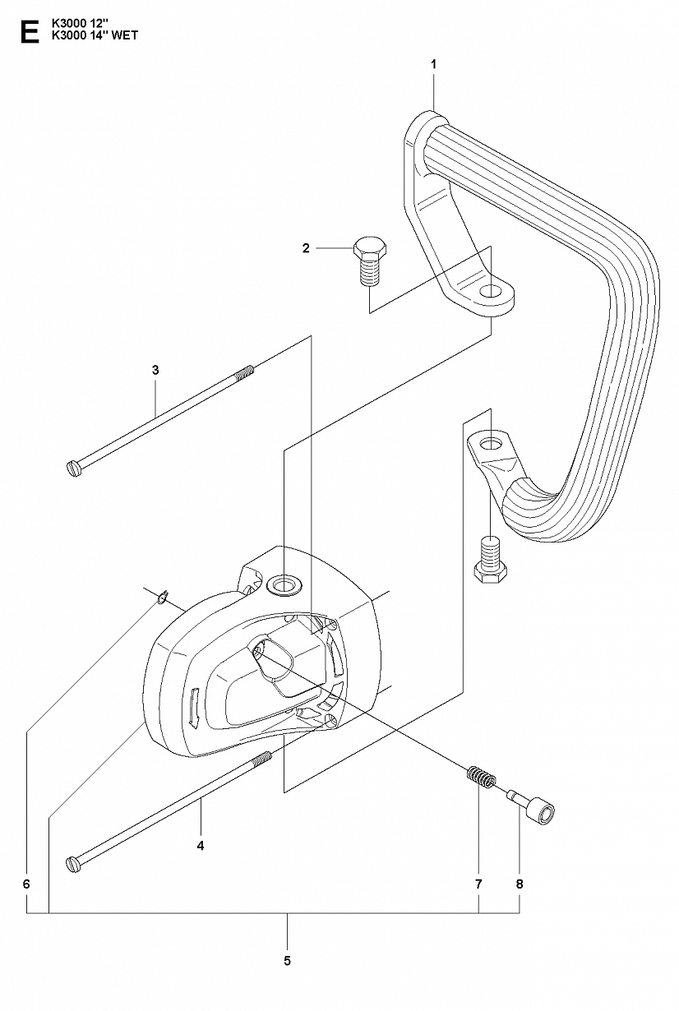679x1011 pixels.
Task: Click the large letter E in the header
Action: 30,30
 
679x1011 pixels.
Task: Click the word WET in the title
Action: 125,35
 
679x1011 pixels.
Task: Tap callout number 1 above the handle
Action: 433,65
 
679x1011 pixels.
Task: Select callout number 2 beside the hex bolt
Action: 306,247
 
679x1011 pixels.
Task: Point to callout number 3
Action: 155,371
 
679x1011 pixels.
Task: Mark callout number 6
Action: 26,884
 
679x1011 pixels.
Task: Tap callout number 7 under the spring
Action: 478,884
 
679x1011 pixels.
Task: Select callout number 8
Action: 520,884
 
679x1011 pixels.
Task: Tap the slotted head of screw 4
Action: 73,863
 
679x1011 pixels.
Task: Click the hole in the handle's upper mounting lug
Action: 489,291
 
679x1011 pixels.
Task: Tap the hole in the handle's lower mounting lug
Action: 489,445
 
